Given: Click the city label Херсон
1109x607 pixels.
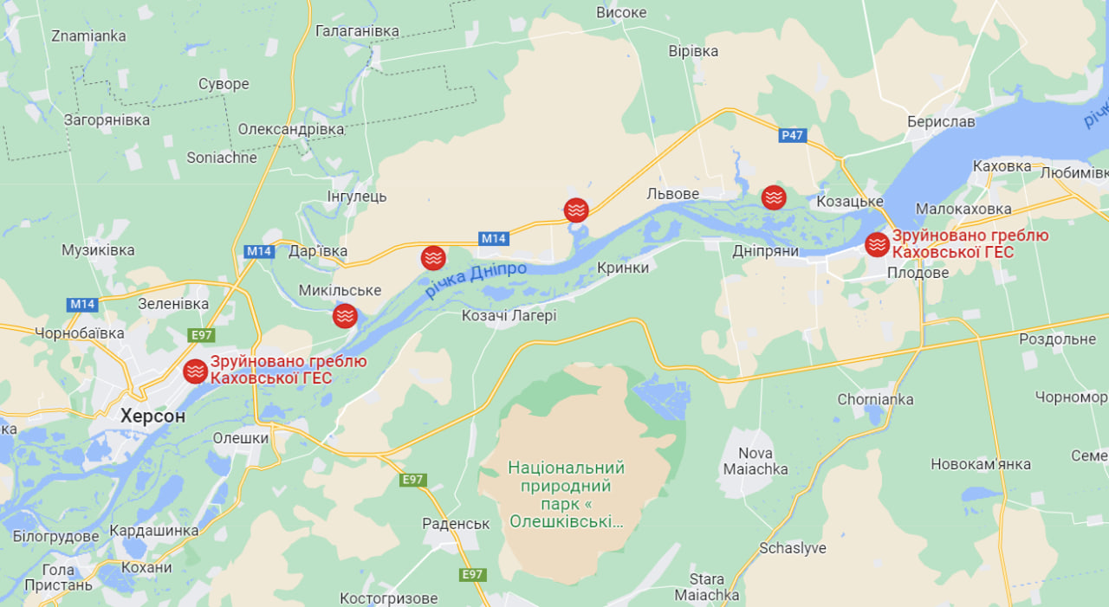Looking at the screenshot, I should pyautogui.click(x=152, y=416).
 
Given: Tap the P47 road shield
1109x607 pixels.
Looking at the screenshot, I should pyautogui.click(x=792, y=135).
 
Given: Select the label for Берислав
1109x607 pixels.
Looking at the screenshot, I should pyautogui.click(x=941, y=122).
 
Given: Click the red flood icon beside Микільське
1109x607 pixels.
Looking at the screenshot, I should pyautogui.click(x=345, y=316).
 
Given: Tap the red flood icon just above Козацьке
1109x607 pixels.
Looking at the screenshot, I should pyautogui.click(x=774, y=197).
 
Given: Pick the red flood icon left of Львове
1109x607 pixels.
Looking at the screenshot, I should pyautogui.click(x=576, y=210).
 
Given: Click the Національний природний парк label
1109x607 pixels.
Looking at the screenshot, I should pyautogui.click(x=566, y=494).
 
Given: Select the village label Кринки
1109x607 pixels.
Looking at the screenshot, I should pyautogui.click(x=623, y=268).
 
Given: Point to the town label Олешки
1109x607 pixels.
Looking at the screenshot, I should pyautogui.click(x=241, y=438).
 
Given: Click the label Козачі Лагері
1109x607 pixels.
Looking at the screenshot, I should pyautogui.click(x=509, y=316).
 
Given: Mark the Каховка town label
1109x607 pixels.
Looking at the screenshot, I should pyautogui.click(x=1002, y=165).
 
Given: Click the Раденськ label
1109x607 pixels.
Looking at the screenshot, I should pyautogui.click(x=456, y=524).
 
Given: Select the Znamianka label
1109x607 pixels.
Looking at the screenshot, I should pyautogui.click(x=88, y=36).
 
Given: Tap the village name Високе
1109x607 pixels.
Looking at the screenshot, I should pyautogui.click(x=621, y=12).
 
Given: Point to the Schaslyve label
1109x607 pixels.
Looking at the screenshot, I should pyautogui.click(x=792, y=548).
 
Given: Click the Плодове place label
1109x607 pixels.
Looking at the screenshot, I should pyautogui.click(x=918, y=273).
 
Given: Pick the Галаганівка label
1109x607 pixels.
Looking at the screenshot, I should pyautogui.click(x=357, y=31).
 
